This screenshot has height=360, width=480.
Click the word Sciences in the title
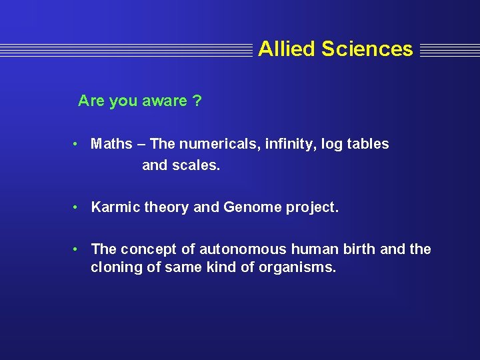[x=367, y=49]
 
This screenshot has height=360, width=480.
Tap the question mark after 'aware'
[x=197, y=101]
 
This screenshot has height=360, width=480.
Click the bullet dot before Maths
[x=77, y=144]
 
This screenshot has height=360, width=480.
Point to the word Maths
[x=111, y=144]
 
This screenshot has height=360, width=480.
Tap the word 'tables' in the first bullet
[x=367, y=144]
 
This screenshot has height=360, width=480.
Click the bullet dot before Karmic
[x=77, y=207]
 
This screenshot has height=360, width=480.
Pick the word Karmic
[x=113, y=207]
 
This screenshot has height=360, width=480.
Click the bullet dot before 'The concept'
[x=77, y=249]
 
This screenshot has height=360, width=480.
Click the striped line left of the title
[x=127, y=49]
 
